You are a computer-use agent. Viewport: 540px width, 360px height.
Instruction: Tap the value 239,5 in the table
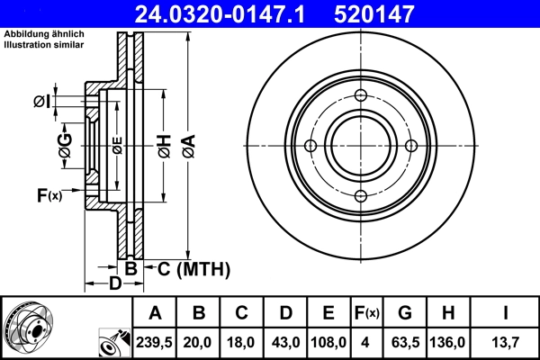155,342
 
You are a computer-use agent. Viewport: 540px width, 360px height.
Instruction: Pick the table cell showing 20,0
200,342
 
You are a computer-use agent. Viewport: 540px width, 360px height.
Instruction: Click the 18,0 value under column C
242,342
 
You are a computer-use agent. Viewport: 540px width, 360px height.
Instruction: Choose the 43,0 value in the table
285,342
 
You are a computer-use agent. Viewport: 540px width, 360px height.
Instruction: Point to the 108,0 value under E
328,342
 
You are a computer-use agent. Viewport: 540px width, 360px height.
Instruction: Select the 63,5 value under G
405,342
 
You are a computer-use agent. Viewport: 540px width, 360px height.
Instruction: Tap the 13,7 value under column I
506,342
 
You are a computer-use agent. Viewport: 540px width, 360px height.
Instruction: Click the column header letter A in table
155,313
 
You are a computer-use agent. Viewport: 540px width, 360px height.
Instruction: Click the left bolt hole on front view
310,147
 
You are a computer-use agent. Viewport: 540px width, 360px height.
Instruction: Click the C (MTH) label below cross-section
189,269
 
